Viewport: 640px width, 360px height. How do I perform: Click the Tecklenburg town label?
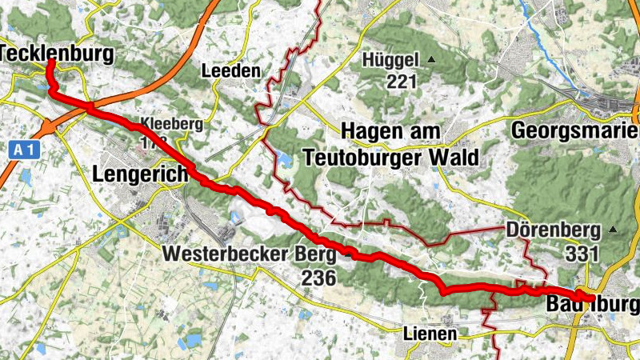click(56, 53)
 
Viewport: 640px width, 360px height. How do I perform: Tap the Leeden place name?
click(231, 71)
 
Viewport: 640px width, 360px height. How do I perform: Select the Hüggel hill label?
click(390, 59)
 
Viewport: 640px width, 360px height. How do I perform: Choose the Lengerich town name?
click(140, 173)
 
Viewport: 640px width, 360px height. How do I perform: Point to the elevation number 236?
click(318, 278)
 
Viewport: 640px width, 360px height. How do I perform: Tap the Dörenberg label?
click(553, 231)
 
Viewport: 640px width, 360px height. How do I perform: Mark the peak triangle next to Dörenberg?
click(614, 230)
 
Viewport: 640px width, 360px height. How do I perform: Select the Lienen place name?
click(430, 333)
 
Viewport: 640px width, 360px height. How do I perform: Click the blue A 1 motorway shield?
click(24, 149)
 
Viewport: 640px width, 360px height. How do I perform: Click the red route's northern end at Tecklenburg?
click(50, 62)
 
